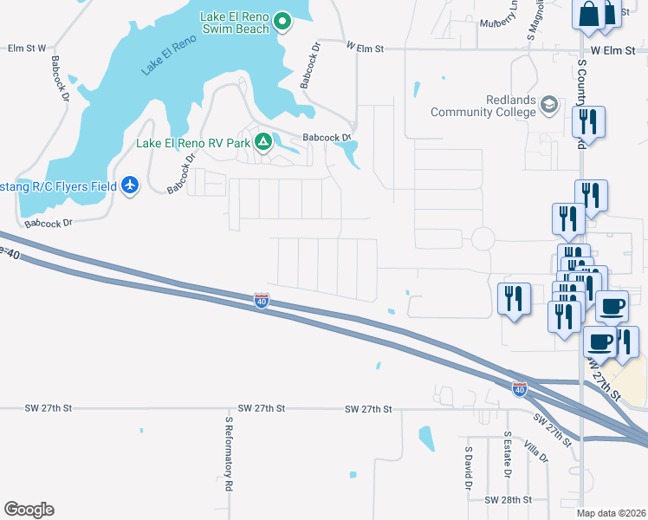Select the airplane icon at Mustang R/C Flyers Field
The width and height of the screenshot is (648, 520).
[x=130, y=185]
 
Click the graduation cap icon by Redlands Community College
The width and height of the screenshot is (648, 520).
[x=548, y=106]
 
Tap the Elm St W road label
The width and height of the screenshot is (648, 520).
[x=26, y=49]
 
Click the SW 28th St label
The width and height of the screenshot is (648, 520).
[x=507, y=500]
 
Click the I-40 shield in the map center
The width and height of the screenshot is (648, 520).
[x=262, y=300]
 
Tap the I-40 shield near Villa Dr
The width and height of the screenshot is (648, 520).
[x=519, y=389]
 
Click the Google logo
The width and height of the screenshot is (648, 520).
[x=29, y=509]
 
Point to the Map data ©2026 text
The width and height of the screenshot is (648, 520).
[x=611, y=513]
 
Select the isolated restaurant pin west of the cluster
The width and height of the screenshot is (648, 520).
[x=515, y=300]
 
